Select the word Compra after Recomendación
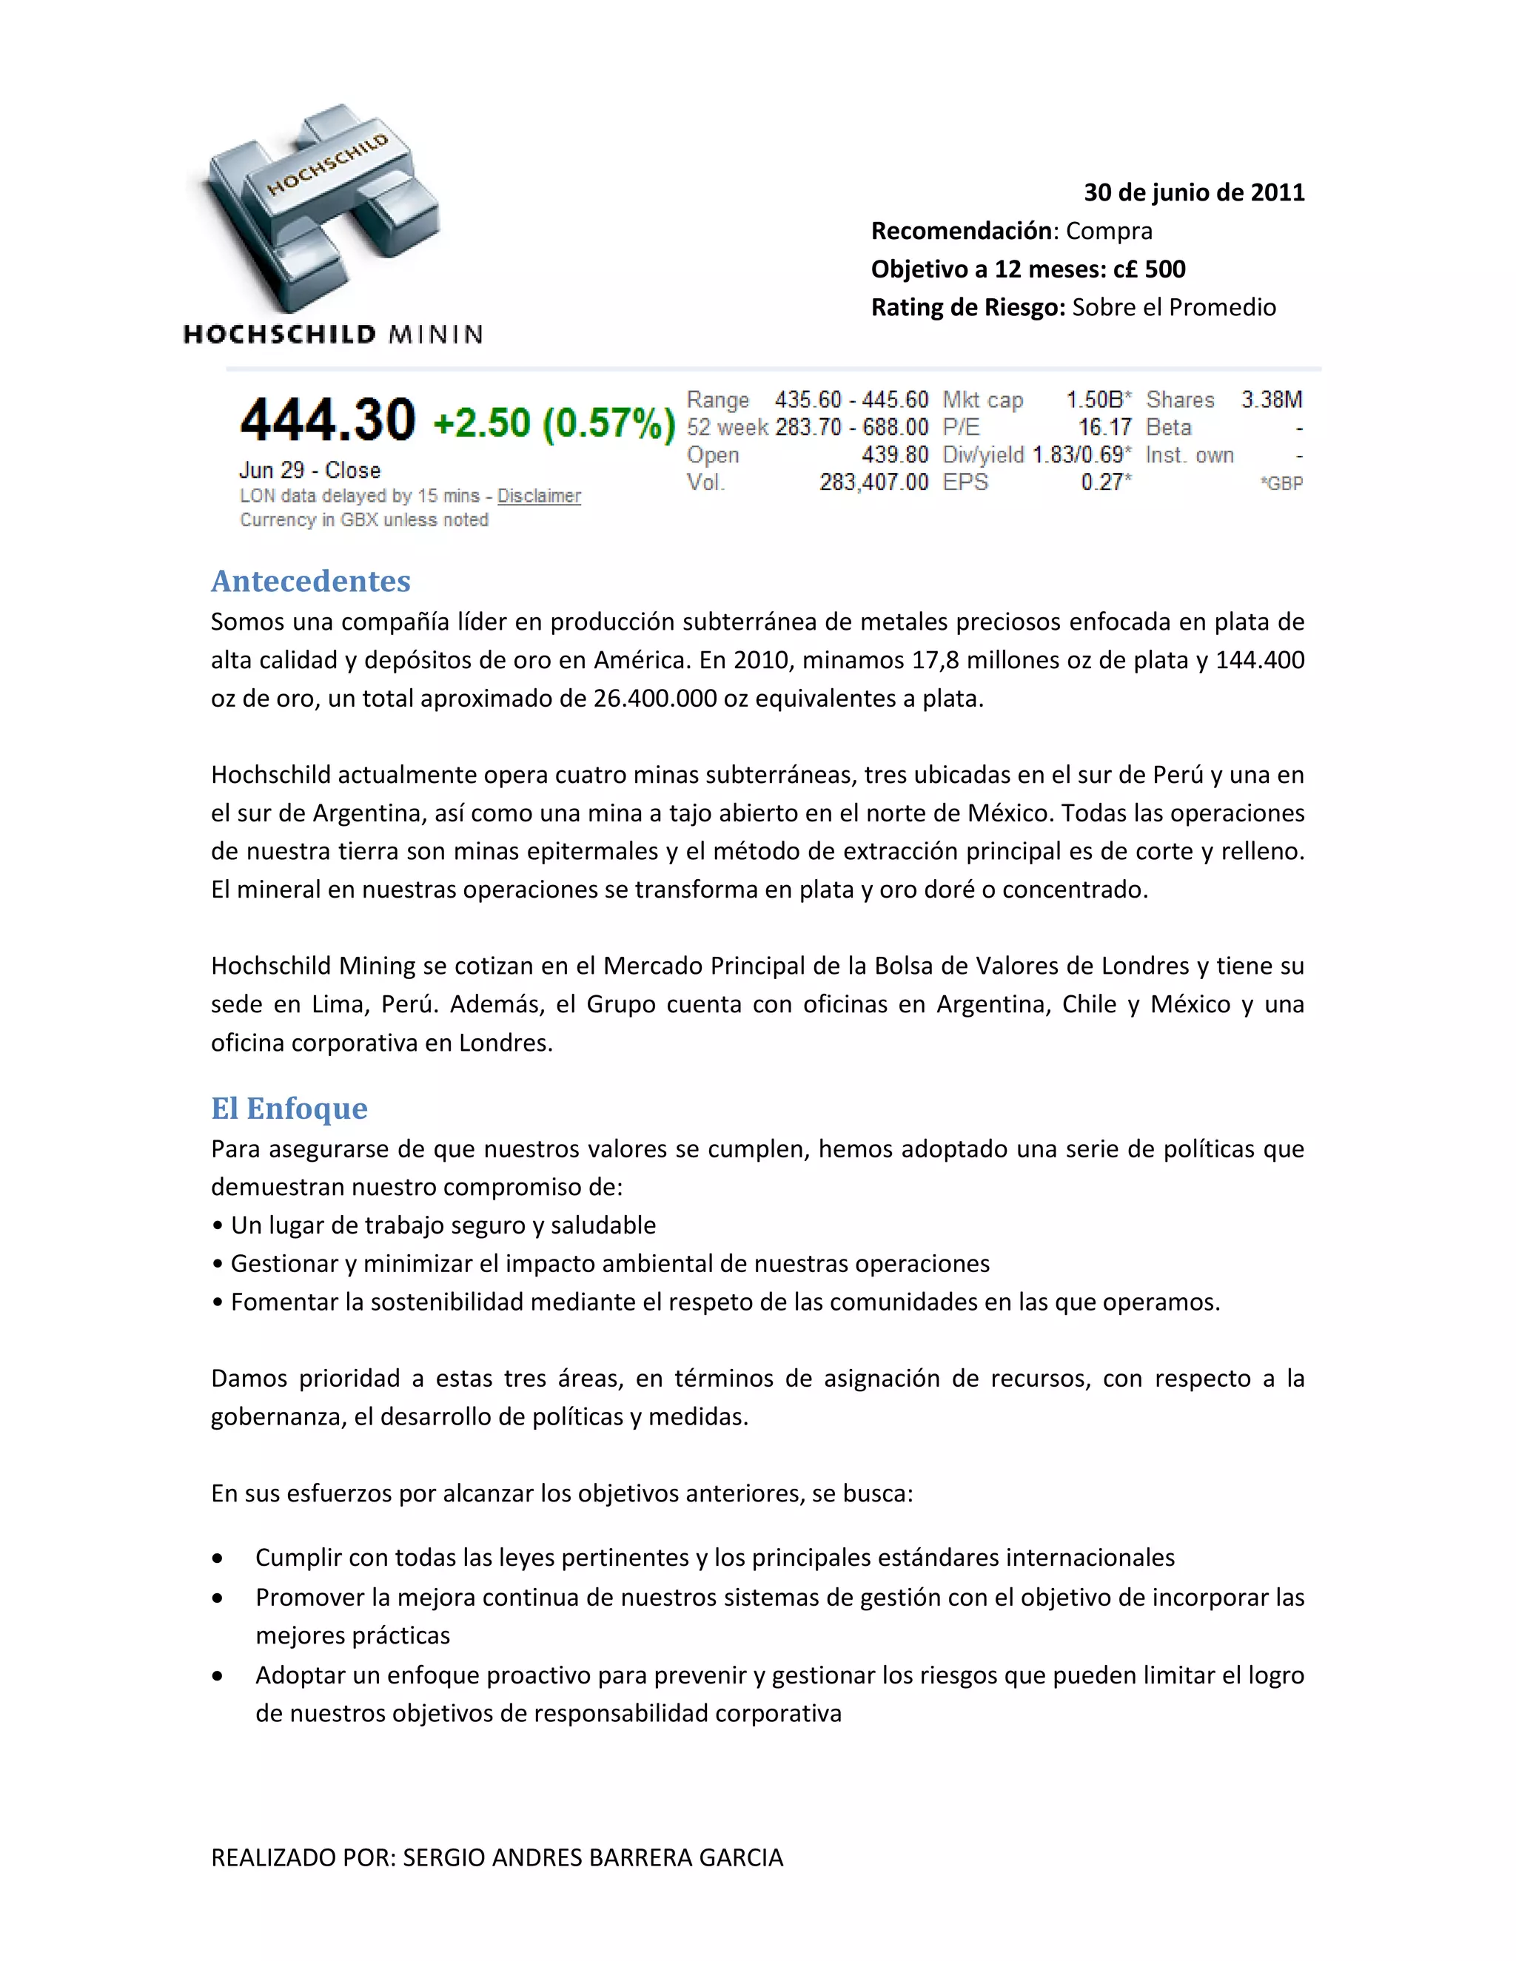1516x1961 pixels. coord(1109,231)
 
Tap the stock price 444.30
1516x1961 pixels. coord(328,420)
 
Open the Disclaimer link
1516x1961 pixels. coord(539,496)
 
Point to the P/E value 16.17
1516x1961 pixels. coord(1104,428)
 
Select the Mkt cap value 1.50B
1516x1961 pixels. coord(1098,400)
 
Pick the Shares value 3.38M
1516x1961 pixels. coord(1272,400)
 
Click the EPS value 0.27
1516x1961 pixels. coord(1104,482)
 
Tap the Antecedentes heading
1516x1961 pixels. coord(311,581)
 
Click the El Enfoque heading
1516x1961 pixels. coord(289,1108)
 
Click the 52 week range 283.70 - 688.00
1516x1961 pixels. coord(851,428)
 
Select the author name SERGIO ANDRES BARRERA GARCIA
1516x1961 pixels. coord(593,1857)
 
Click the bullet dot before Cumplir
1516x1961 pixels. coord(218,1558)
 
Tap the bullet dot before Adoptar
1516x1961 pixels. coord(218,1676)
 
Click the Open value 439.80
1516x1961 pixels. coord(894,455)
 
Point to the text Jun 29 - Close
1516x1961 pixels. coord(310,471)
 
